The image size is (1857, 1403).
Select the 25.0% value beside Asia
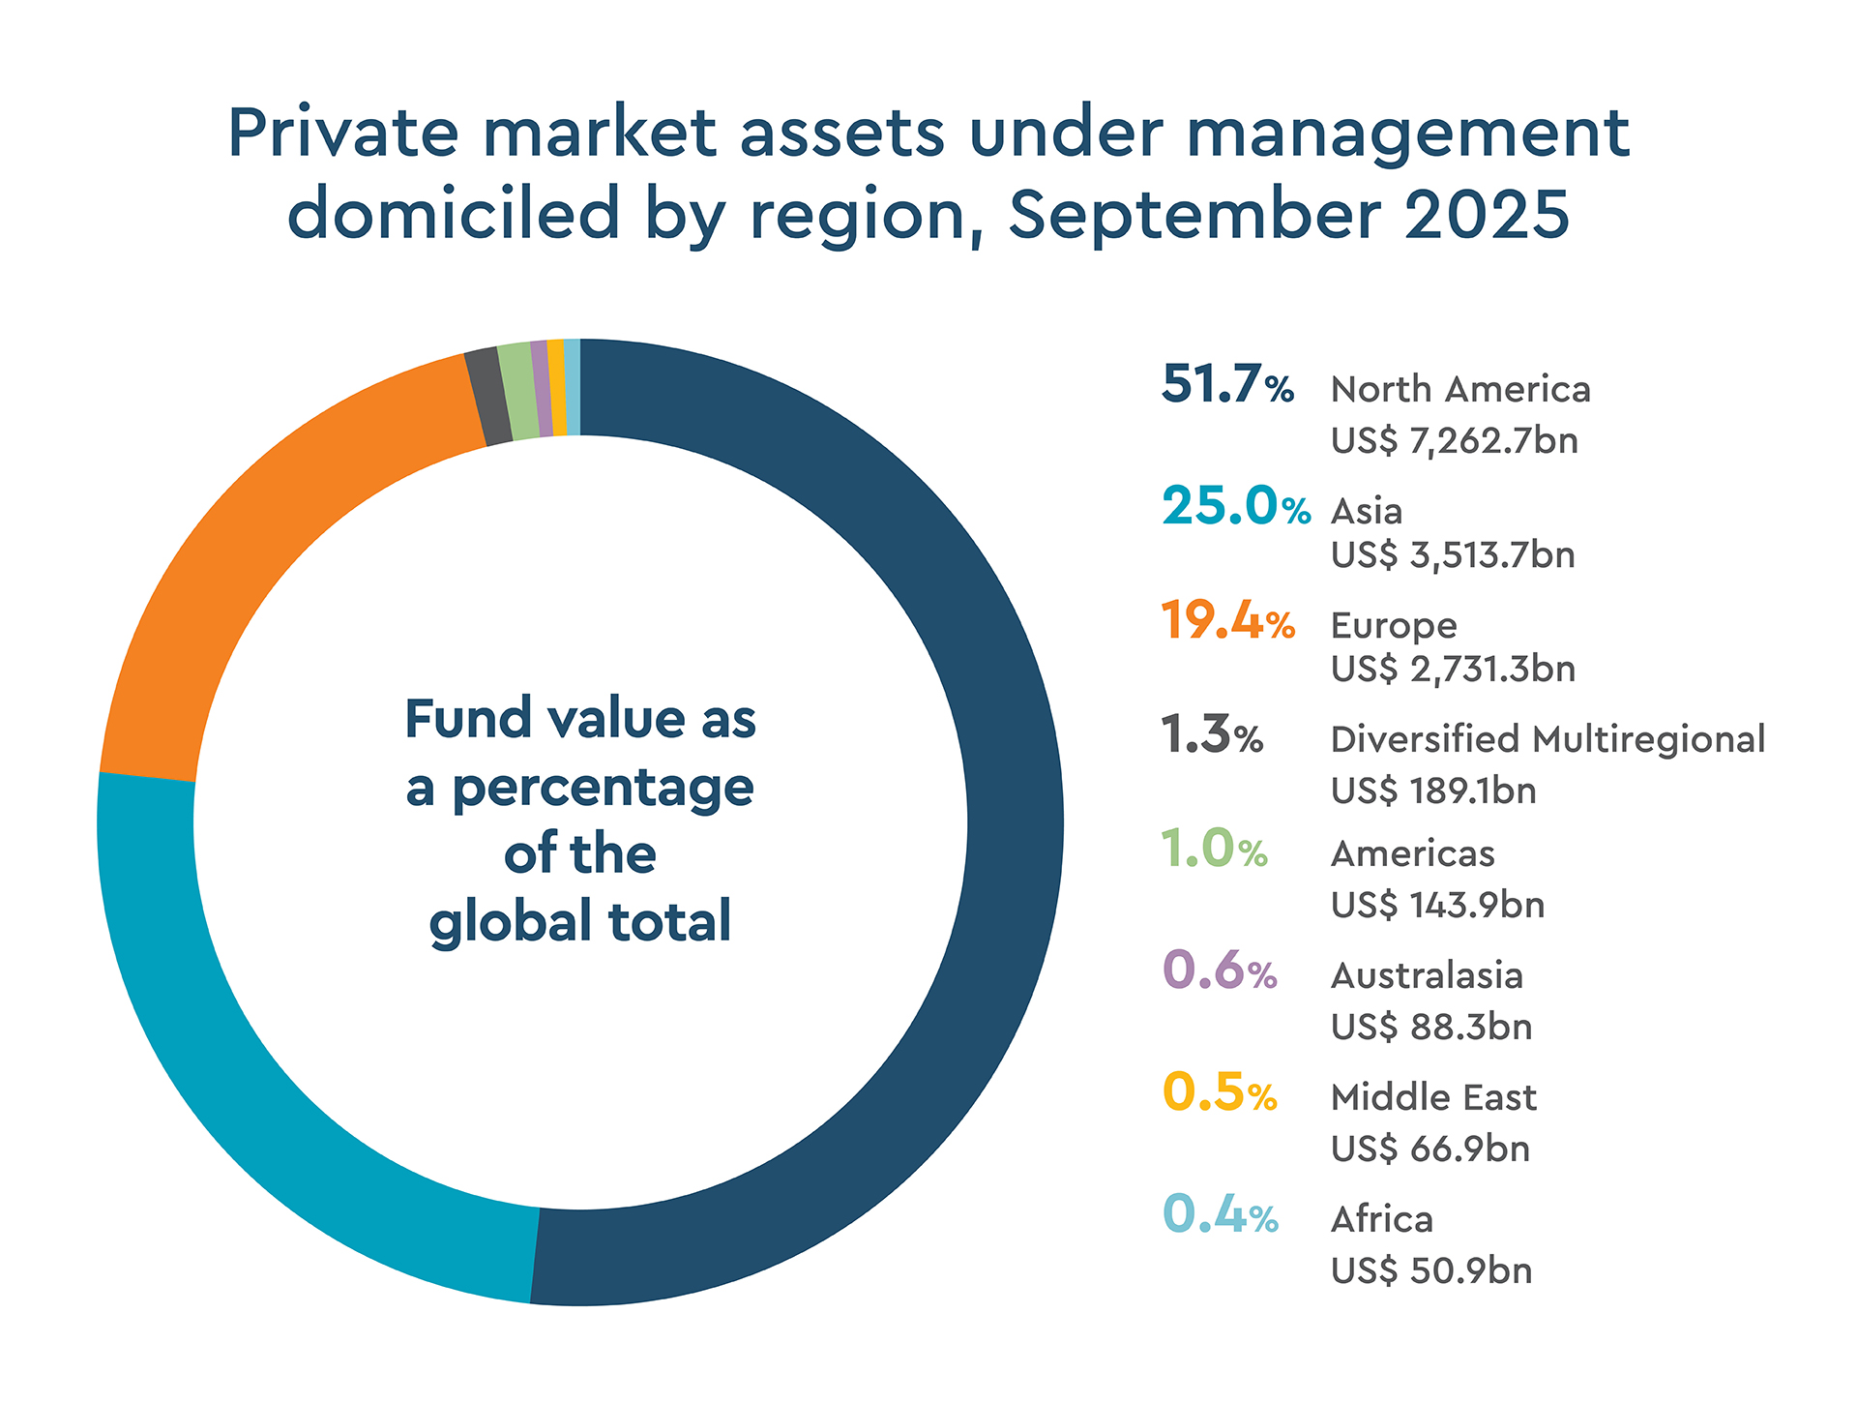coord(1235,506)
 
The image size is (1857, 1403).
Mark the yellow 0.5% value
coord(1219,1092)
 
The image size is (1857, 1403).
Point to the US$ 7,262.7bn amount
coord(1454,441)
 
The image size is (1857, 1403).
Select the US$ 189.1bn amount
coord(1433,791)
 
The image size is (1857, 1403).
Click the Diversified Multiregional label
coord(1547,739)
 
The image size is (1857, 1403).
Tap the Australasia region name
coord(1427,975)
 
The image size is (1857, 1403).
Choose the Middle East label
coord(1433,1097)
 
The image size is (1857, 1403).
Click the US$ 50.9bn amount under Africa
coord(1431,1270)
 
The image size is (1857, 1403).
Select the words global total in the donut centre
coord(580,921)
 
